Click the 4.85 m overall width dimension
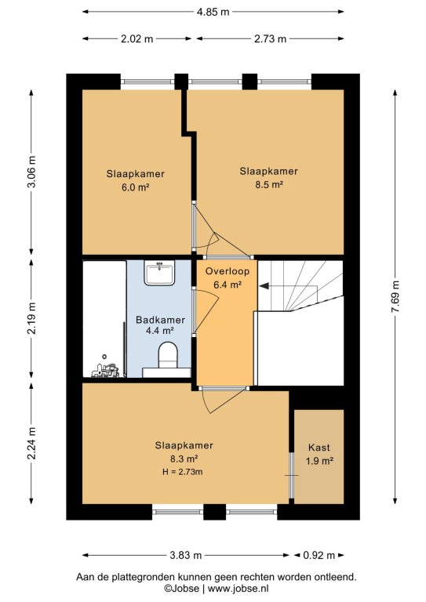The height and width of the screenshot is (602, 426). [213, 12]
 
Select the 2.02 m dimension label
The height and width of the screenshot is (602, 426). [137, 38]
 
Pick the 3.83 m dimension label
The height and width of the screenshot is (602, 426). [186, 555]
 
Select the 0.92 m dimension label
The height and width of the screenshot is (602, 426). [319, 555]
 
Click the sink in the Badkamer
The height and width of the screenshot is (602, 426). [159, 273]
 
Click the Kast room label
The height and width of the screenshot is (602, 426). [319, 448]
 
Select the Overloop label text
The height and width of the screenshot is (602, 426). [227, 271]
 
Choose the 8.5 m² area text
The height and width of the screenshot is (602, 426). [269, 185]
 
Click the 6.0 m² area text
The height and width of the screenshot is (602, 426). [135, 187]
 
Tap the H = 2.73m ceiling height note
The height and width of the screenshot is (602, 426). [183, 472]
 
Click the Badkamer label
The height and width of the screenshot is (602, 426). [161, 320]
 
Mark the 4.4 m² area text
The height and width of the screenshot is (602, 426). [160, 331]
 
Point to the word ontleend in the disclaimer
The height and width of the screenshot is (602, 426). [335, 577]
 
